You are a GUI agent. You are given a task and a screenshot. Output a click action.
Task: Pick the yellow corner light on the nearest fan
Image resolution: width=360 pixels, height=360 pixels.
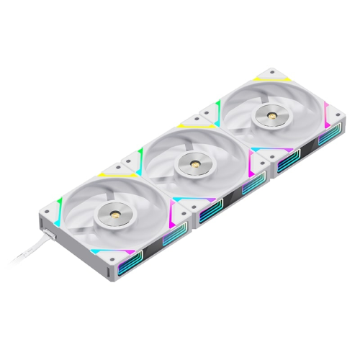click(x=108, y=175)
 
